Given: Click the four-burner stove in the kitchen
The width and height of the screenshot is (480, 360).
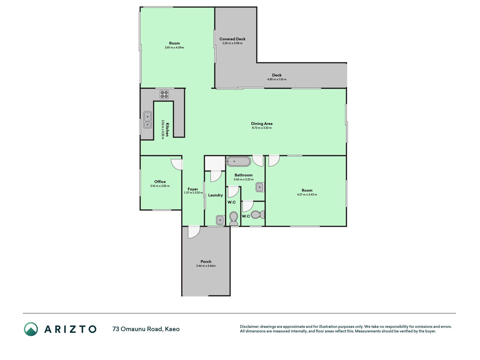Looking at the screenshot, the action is tap(164, 94).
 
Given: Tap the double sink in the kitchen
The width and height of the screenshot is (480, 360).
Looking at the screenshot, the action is tap(148, 120).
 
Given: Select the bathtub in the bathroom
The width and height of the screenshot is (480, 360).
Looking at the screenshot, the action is tap(238, 161).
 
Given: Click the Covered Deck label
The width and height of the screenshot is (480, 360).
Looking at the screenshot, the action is tap(233, 39).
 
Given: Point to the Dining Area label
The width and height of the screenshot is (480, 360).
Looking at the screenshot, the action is tap(262, 123).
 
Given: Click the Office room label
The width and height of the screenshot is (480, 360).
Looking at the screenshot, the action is tap(160, 182).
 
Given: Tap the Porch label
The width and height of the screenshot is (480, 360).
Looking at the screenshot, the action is tap(206, 262).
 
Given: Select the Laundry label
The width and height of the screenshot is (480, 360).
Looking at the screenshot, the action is tap(215, 195).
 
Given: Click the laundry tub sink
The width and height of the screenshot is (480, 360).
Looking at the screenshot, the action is tap(220, 219).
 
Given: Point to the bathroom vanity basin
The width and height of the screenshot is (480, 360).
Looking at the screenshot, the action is tap(260, 187).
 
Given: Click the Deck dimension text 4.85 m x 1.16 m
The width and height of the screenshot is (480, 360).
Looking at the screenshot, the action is tap(277, 79).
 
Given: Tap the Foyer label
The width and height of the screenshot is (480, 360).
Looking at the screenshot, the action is tap(193, 189).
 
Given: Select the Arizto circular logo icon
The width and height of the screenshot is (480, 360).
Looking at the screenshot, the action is tap(31, 329).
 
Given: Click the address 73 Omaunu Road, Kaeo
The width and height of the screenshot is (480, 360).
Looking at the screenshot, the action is tap(146, 329).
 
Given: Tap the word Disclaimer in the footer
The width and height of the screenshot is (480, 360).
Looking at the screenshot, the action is tap(249, 327).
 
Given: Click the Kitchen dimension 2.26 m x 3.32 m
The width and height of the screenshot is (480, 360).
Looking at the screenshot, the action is tap(163, 130).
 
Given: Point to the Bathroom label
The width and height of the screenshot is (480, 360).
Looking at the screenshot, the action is tap(244, 175).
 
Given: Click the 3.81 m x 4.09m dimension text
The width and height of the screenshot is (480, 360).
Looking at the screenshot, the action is tap(174, 48).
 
